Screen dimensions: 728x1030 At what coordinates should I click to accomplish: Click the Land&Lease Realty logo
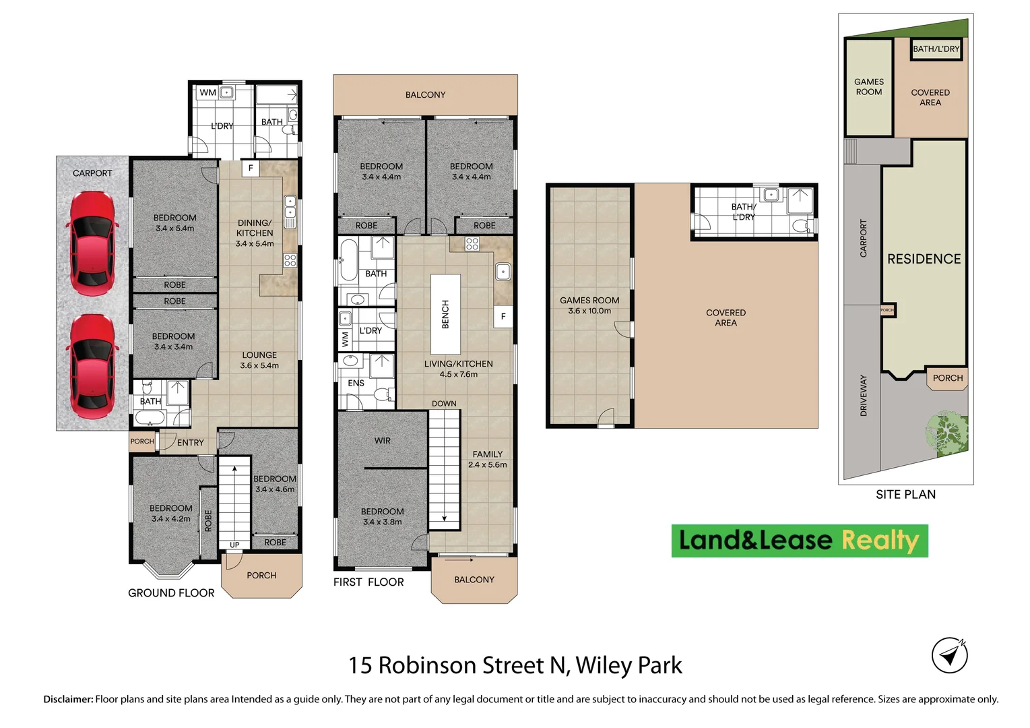click(799, 541)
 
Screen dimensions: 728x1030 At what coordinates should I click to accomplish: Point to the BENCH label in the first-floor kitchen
click(445, 314)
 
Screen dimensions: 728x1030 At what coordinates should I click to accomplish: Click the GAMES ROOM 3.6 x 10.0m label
click(589, 305)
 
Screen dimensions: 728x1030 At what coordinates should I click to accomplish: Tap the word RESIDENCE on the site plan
click(924, 259)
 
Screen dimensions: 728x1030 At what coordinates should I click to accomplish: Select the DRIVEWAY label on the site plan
click(864, 395)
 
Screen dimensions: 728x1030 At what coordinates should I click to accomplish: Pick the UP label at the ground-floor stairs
click(234, 545)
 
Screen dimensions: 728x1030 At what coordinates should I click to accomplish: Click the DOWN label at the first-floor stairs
click(444, 404)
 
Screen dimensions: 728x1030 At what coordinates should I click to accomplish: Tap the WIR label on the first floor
click(383, 441)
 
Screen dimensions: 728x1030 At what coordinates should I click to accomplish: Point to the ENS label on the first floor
click(356, 383)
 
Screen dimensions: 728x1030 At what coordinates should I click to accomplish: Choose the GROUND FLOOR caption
click(171, 593)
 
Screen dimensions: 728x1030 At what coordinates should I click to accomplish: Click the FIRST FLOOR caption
click(368, 582)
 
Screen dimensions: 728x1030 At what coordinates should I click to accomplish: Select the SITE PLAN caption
click(905, 495)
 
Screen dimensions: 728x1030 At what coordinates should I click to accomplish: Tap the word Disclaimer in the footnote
click(68, 700)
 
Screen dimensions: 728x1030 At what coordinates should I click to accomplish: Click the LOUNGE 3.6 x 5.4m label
click(259, 360)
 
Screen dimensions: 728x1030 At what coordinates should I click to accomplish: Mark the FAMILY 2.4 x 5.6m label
click(487, 459)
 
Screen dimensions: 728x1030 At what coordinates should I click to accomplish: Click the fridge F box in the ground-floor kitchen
click(251, 168)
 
